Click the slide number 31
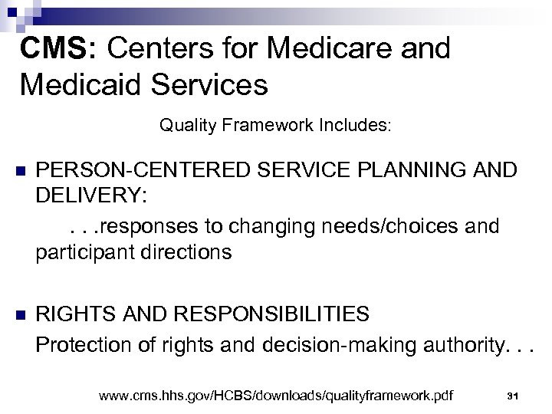point(514,395)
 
